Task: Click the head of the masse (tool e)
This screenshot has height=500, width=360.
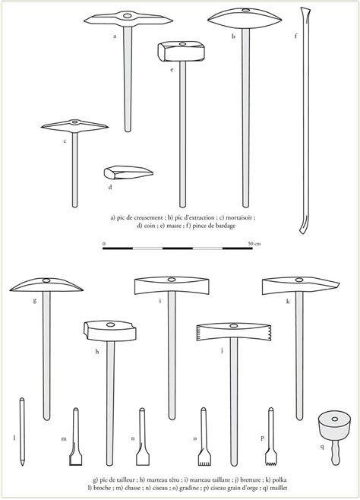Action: (x=181, y=51)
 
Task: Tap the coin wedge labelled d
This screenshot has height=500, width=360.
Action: (x=128, y=172)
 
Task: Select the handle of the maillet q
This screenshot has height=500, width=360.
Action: (x=336, y=451)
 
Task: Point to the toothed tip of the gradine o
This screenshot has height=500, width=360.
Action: (x=204, y=458)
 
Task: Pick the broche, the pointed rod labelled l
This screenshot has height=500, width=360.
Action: (x=22, y=432)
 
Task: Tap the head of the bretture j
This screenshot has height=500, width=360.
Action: (x=233, y=332)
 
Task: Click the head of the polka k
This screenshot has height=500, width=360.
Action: (x=300, y=286)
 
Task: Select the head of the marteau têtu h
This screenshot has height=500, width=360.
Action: (x=110, y=331)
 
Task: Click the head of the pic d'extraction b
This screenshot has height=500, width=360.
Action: (x=245, y=18)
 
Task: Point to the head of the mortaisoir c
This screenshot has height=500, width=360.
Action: (x=74, y=125)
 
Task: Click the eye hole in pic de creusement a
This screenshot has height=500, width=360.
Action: (x=128, y=15)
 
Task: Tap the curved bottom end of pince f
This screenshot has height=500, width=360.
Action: (x=303, y=226)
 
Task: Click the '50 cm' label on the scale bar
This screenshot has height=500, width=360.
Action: (x=254, y=244)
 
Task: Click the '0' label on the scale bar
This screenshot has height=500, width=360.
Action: (x=104, y=244)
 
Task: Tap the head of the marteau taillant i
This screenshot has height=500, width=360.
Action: (x=172, y=286)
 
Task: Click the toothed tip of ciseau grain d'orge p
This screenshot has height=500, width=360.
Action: (x=271, y=458)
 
